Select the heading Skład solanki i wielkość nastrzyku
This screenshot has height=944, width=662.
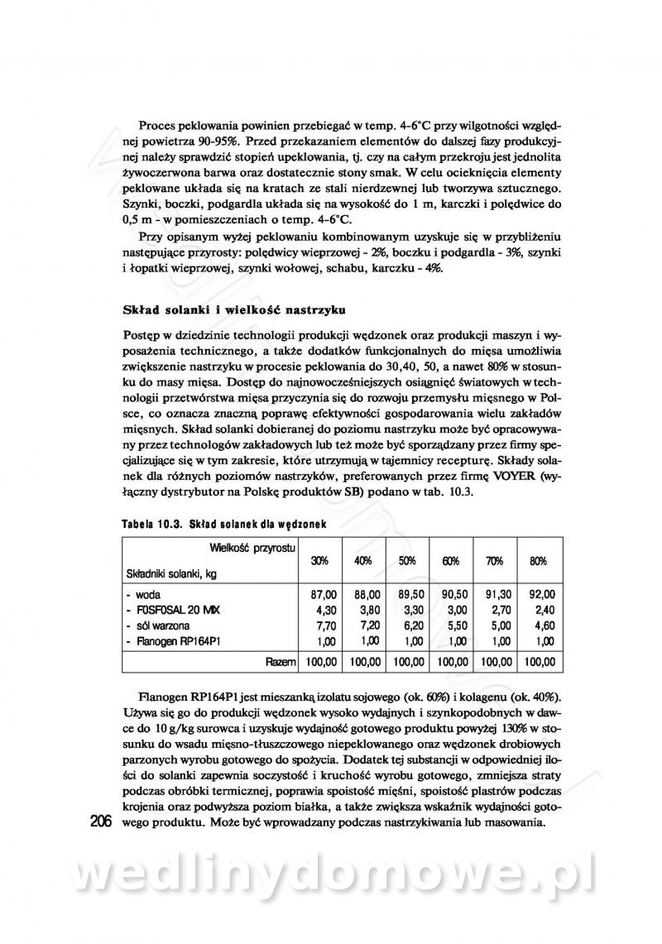[x=228, y=310]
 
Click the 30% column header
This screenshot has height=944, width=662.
[x=320, y=561]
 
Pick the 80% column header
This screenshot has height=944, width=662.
[x=538, y=561]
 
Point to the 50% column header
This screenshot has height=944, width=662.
[x=407, y=561]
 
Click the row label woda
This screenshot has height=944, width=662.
[x=146, y=594]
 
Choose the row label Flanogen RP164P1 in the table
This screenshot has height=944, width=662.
[x=176, y=640]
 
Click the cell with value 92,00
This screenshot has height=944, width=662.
[x=540, y=594]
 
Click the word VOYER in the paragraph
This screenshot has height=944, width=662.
[x=518, y=477]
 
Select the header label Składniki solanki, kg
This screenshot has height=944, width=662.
[x=170, y=573]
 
